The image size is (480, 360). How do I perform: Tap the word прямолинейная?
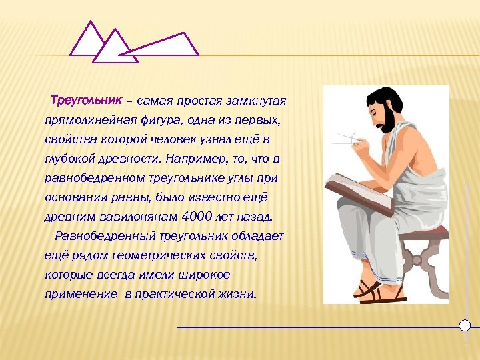coord(86,121)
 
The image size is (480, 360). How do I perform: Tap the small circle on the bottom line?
coord(465,326)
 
